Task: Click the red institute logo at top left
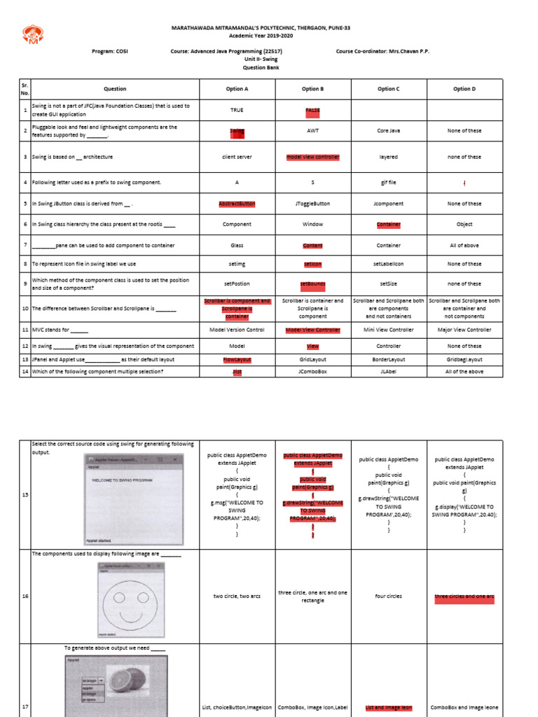click(32, 34)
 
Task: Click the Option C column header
click(387, 89)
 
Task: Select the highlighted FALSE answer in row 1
click(312, 111)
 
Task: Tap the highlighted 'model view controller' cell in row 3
click(312, 158)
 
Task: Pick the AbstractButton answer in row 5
click(237, 204)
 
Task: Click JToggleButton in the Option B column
click(312, 204)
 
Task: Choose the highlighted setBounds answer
click(312, 284)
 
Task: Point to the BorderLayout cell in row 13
click(387, 359)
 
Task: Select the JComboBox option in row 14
click(312, 372)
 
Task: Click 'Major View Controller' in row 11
click(464, 330)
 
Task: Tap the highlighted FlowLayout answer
click(237, 359)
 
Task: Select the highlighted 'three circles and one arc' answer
click(464, 597)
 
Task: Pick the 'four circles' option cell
click(387, 597)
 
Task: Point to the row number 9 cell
click(25, 284)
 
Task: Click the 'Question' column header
click(115, 89)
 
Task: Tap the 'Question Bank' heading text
click(260, 68)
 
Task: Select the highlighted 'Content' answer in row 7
click(312, 246)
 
